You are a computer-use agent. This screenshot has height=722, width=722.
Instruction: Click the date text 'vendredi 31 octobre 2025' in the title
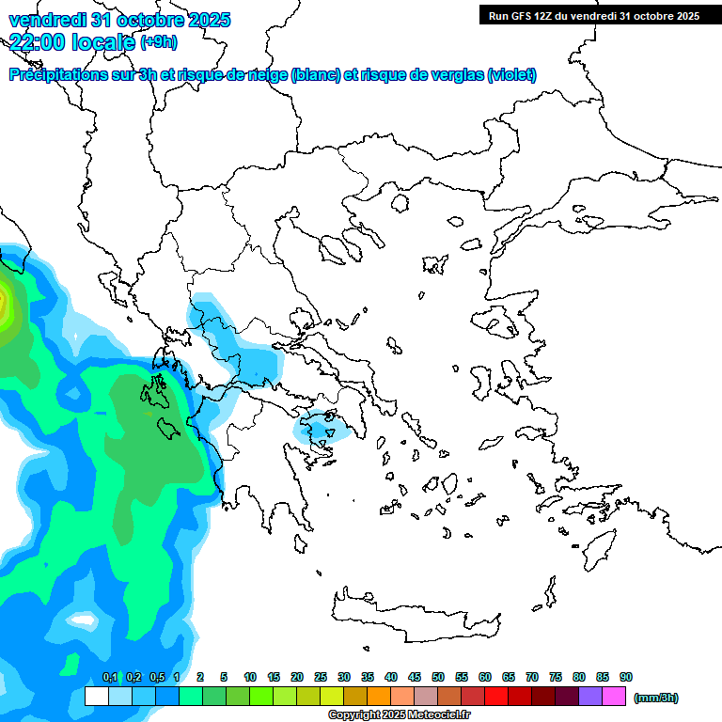point(119,20)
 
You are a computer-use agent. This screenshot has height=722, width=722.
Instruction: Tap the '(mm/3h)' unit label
point(655,698)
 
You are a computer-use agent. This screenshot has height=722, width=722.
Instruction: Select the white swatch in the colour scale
point(96,697)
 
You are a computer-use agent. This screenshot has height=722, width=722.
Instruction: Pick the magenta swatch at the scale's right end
point(614,697)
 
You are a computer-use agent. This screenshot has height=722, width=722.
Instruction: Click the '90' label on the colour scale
point(626,677)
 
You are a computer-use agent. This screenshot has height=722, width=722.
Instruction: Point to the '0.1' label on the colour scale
point(110,677)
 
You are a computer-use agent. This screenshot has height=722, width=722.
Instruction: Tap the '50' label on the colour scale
point(438,677)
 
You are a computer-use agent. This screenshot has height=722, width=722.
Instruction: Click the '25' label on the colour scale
point(321,677)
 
